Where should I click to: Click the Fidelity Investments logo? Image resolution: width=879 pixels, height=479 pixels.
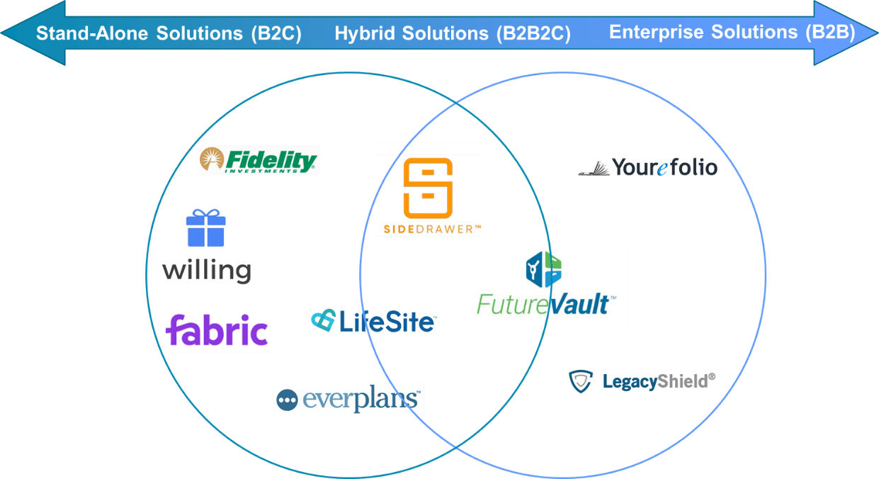[259, 160]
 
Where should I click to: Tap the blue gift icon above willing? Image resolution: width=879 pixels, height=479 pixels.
[206, 228]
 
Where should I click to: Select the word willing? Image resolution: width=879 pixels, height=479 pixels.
[207, 270]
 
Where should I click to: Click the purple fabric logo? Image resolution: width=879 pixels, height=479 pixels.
[217, 330]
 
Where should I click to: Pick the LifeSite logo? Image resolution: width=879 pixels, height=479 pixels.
[373, 320]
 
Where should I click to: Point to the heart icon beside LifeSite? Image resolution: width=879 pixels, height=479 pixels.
[324, 320]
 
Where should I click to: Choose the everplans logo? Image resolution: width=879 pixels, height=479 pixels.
[348, 399]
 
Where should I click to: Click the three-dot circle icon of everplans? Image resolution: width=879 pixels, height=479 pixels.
[287, 400]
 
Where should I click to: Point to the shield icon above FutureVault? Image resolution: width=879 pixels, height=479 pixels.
[543, 269]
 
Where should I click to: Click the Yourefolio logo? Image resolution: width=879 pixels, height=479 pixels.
[647, 168]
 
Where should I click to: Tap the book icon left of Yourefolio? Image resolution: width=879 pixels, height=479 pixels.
[594, 169]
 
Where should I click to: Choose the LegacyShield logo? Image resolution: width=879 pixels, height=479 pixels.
[642, 381]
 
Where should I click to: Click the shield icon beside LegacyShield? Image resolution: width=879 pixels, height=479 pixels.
[581, 382]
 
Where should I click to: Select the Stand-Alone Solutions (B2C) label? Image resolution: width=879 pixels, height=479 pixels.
[169, 33]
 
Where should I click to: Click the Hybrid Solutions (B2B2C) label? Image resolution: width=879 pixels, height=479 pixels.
[453, 33]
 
